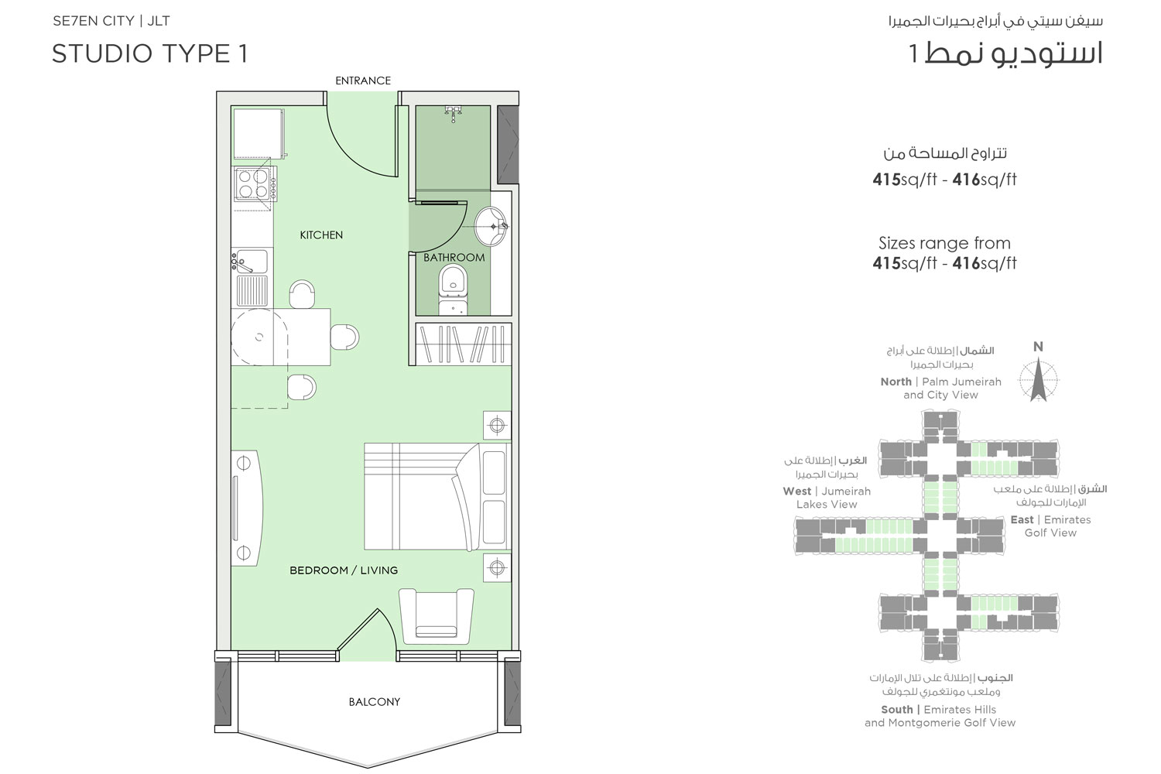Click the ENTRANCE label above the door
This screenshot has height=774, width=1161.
362,80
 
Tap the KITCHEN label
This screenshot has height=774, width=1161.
321,235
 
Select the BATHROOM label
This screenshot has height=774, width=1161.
454,258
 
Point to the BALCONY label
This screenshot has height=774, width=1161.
374,702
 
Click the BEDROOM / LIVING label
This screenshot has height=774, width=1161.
344,570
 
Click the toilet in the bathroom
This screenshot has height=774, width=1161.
453,289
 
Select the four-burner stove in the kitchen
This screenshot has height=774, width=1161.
253,184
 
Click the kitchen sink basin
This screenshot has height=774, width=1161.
252,262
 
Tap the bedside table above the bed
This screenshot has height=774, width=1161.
496,425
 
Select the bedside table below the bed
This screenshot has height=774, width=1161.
496,567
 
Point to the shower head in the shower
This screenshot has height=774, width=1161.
453,113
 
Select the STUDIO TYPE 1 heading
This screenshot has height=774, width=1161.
149,53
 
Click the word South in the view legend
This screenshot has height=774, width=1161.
896,710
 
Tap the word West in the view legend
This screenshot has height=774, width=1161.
796,491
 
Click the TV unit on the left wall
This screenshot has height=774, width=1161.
245,507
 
